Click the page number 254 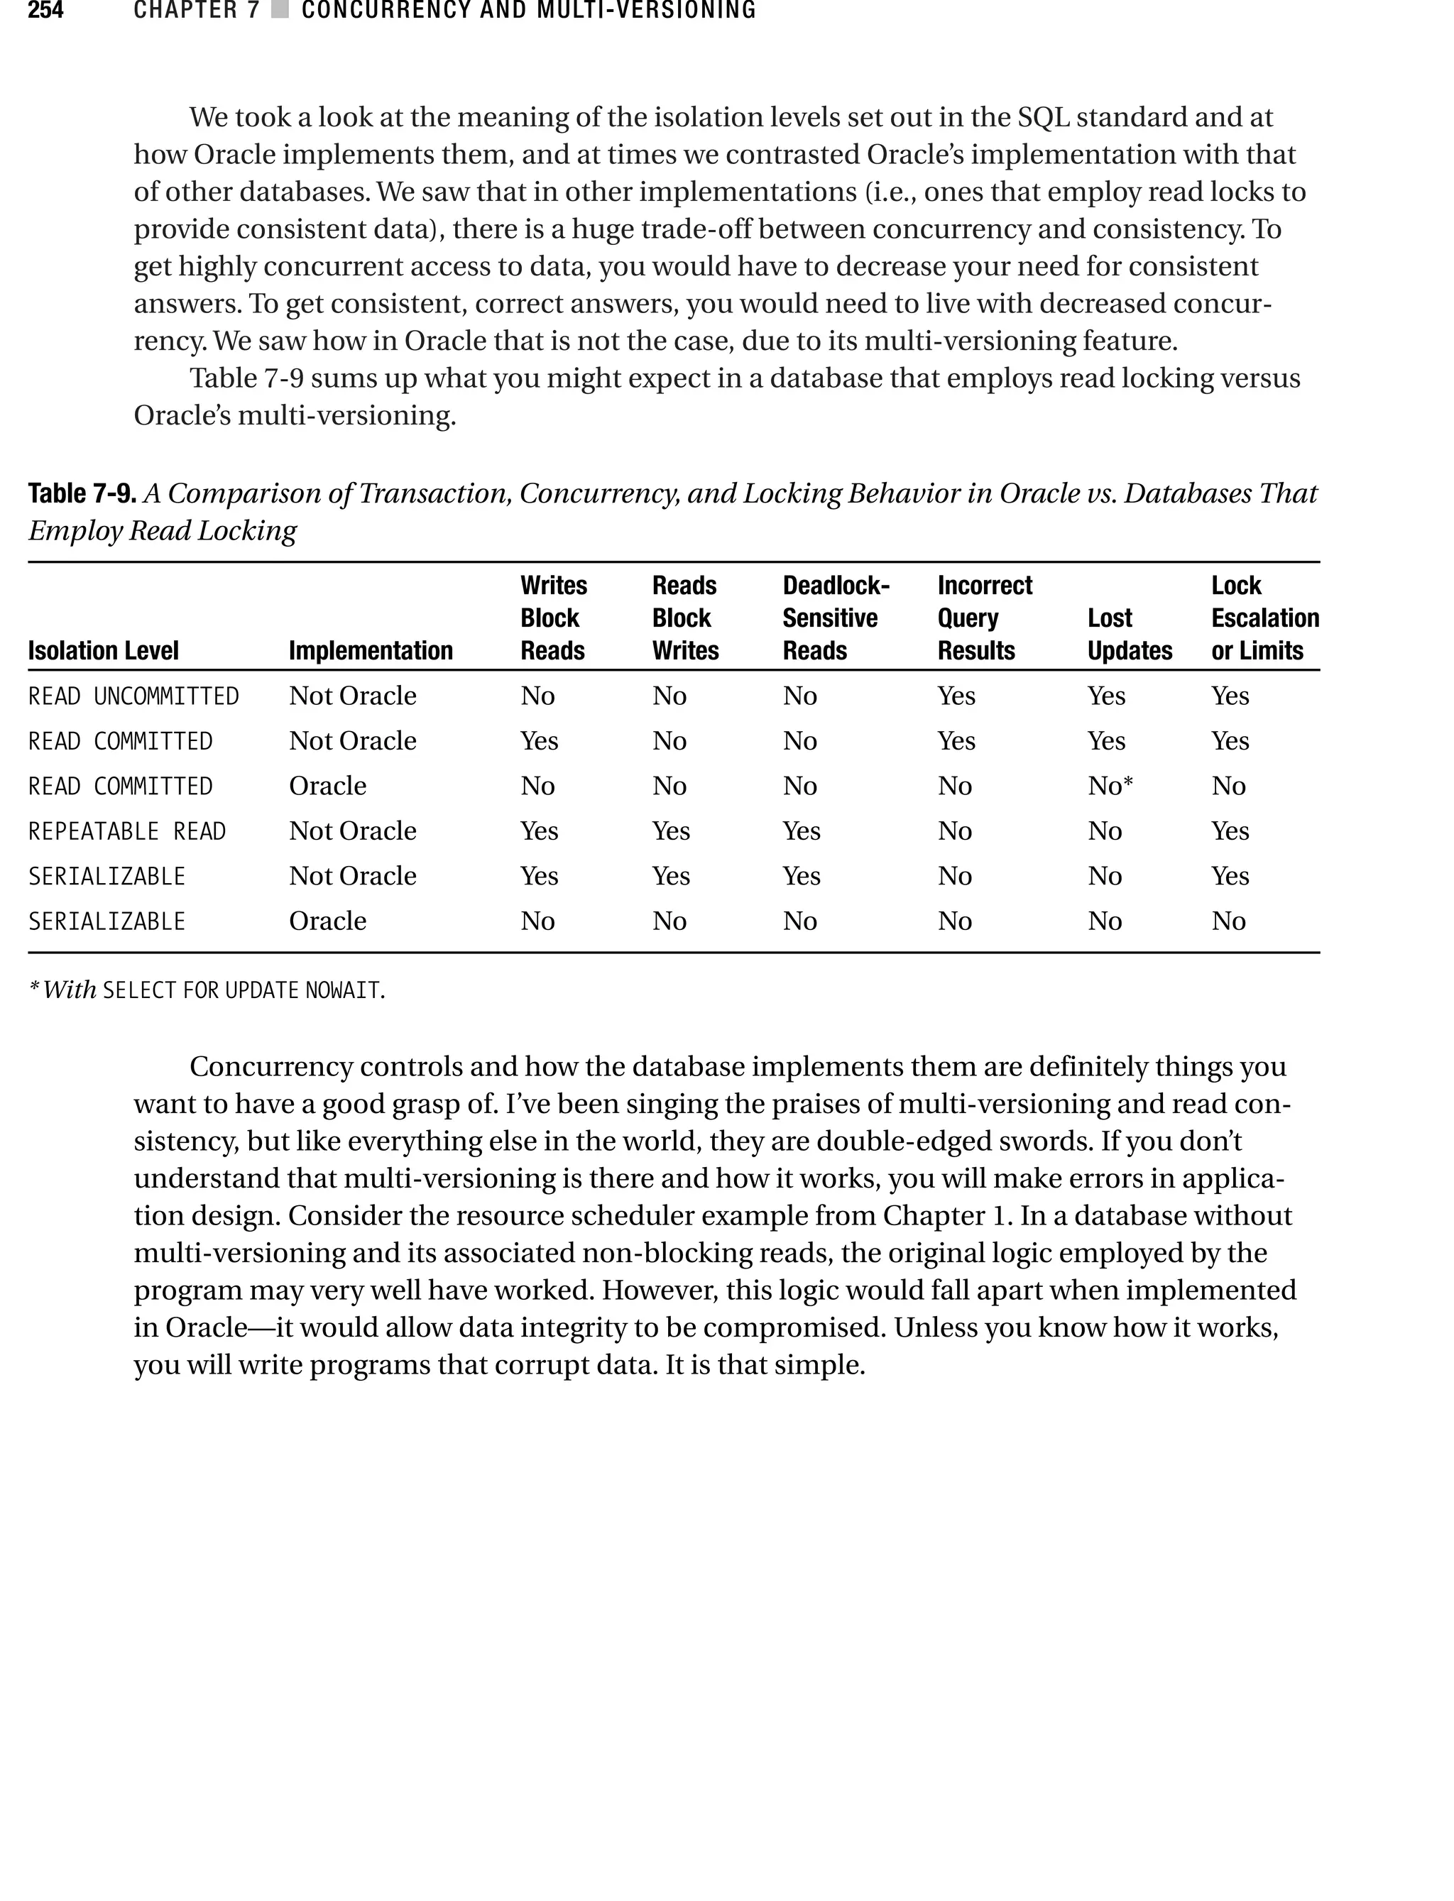pos(46,11)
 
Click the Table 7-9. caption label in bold pos(82,493)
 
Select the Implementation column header pos(371,651)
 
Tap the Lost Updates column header pos(1129,634)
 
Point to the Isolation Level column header pos(103,651)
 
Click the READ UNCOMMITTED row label pos(133,696)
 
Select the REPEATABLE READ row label pos(126,831)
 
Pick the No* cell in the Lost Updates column pos(1110,787)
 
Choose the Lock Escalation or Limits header pos(1264,618)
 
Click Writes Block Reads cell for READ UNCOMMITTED pos(537,696)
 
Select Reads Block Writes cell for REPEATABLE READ pos(671,831)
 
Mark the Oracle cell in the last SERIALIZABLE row pos(327,921)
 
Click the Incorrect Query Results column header pos(984,618)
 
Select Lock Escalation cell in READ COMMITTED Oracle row pos(1228,787)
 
